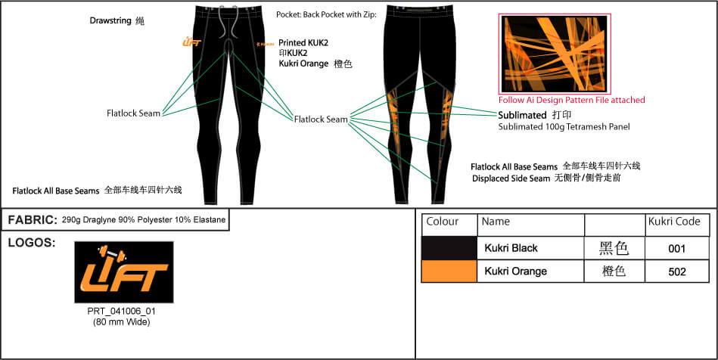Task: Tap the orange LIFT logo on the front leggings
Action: (x=191, y=42)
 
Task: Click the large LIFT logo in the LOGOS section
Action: (x=124, y=272)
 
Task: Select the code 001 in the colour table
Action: (x=677, y=248)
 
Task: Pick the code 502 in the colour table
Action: (x=677, y=271)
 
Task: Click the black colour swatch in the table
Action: (x=449, y=248)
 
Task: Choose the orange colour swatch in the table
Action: (x=449, y=271)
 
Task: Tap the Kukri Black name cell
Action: (x=511, y=248)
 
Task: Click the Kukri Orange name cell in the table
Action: (x=515, y=271)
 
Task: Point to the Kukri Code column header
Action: (x=674, y=222)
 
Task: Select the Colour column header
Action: (x=443, y=222)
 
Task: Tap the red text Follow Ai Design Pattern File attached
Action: (x=571, y=100)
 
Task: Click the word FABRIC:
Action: (x=33, y=220)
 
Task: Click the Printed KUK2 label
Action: (x=303, y=43)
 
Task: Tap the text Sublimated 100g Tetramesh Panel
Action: (x=564, y=127)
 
